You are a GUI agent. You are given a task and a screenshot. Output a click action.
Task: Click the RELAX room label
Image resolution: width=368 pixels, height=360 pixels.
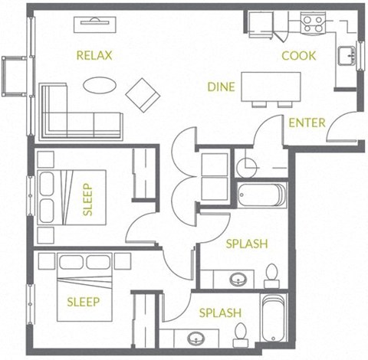(x=94, y=55)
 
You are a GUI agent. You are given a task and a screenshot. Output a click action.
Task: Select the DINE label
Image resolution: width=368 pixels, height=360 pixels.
(x=222, y=87)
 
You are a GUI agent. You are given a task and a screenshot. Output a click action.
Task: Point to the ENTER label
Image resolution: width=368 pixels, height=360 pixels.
(x=307, y=123)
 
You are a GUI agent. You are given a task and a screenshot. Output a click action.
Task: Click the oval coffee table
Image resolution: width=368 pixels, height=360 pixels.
(x=101, y=85)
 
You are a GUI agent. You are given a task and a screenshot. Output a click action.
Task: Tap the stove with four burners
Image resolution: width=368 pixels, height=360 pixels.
(x=313, y=24)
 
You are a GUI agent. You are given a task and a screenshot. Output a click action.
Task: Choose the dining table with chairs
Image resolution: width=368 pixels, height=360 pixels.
(x=265, y=87)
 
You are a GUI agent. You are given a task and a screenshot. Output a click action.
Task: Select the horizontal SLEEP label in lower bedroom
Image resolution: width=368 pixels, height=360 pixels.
(x=82, y=301)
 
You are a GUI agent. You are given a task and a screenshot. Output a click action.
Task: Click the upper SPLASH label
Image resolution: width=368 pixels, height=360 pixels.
(x=246, y=244)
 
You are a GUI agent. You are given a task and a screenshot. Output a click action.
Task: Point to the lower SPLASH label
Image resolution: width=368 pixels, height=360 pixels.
(x=220, y=313)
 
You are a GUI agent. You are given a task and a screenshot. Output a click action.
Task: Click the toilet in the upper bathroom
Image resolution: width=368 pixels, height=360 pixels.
(x=271, y=277)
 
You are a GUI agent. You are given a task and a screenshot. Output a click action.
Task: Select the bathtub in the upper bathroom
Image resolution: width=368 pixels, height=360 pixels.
(x=261, y=195)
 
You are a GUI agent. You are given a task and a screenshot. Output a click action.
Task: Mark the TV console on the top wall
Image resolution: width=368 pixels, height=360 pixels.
(x=97, y=24)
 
